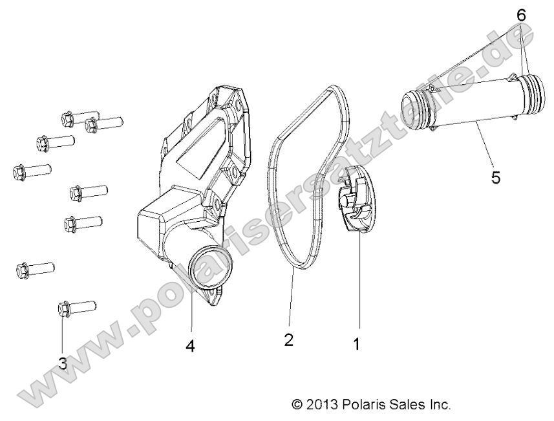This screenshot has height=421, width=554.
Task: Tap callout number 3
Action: click(63, 363)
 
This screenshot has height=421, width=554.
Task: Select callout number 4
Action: click(189, 346)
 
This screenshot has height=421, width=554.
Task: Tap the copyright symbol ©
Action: click(297, 405)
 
